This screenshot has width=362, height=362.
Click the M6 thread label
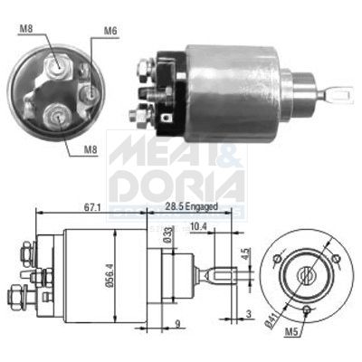[110, 32]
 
